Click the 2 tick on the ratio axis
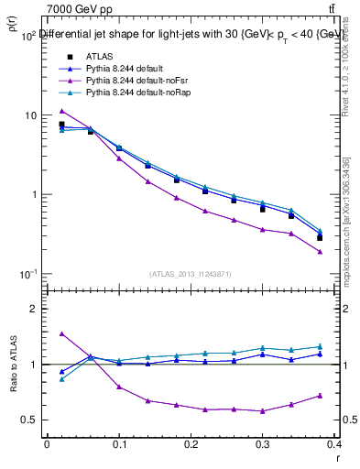[x=32, y=309]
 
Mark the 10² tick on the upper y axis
[x=27, y=36]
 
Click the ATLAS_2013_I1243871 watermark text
[x=191, y=274]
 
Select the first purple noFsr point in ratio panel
[x=61, y=333]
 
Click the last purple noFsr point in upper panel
[x=320, y=251]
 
